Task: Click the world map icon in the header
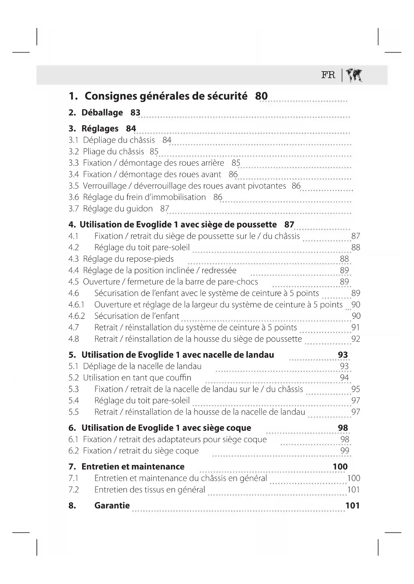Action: pos(354,76)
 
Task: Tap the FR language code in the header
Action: pos(328,75)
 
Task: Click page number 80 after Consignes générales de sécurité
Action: pos(261,96)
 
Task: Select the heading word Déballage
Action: pos(102,113)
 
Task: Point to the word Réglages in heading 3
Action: pos(100,129)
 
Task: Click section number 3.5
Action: pos(73,186)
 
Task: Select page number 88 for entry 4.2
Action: pos(356,247)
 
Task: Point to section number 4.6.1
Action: pos(76,305)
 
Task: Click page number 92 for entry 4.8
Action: pos(356,339)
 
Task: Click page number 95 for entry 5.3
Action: pos(356,389)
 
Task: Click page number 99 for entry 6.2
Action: pos(345,451)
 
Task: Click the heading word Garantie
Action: pos(112,505)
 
